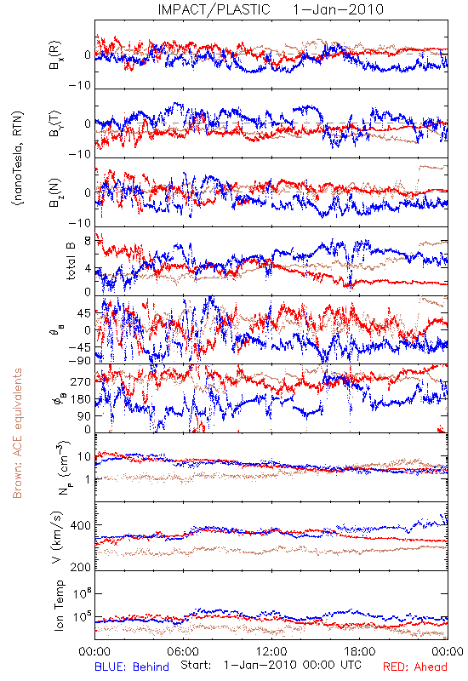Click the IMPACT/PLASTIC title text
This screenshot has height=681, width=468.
pyautogui.click(x=214, y=9)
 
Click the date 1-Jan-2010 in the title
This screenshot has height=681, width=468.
pyautogui.click(x=338, y=9)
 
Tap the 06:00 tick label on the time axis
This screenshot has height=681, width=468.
pyautogui.click(x=183, y=651)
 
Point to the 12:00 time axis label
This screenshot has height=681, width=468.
pyautogui.click(x=271, y=651)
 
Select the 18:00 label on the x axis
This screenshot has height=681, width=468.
pyautogui.click(x=360, y=651)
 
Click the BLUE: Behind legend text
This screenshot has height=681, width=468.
pyautogui.click(x=132, y=667)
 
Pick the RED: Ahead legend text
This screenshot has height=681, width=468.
pyautogui.click(x=414, y=667)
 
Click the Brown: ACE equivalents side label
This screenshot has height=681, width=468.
pyautogui.click(x=17, y=433)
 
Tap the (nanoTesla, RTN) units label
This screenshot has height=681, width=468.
pyautogui.click(x=18, y=158)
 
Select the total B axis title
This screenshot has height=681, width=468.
pyautogui.click(x=71, y=261)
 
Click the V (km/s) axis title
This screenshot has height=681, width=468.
pyautogui.click(x=57, y=538)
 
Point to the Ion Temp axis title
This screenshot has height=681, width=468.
pyautogui.click(x=59, y=605)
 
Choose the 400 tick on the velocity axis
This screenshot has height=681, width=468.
pyautogui.click(x=80, y=525)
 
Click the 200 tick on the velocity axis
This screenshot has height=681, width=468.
pyautogui.click(x=80, y=567)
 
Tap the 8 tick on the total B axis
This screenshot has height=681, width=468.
pyautogui.click(x=88, y=240)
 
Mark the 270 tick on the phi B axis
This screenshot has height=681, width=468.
pyautogui.click(x=81, y=381)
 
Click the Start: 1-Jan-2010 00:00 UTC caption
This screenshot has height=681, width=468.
pyautogui.click(x=271, y=665)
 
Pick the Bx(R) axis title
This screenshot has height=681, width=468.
pyautogui.click(x=55, y=55)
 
